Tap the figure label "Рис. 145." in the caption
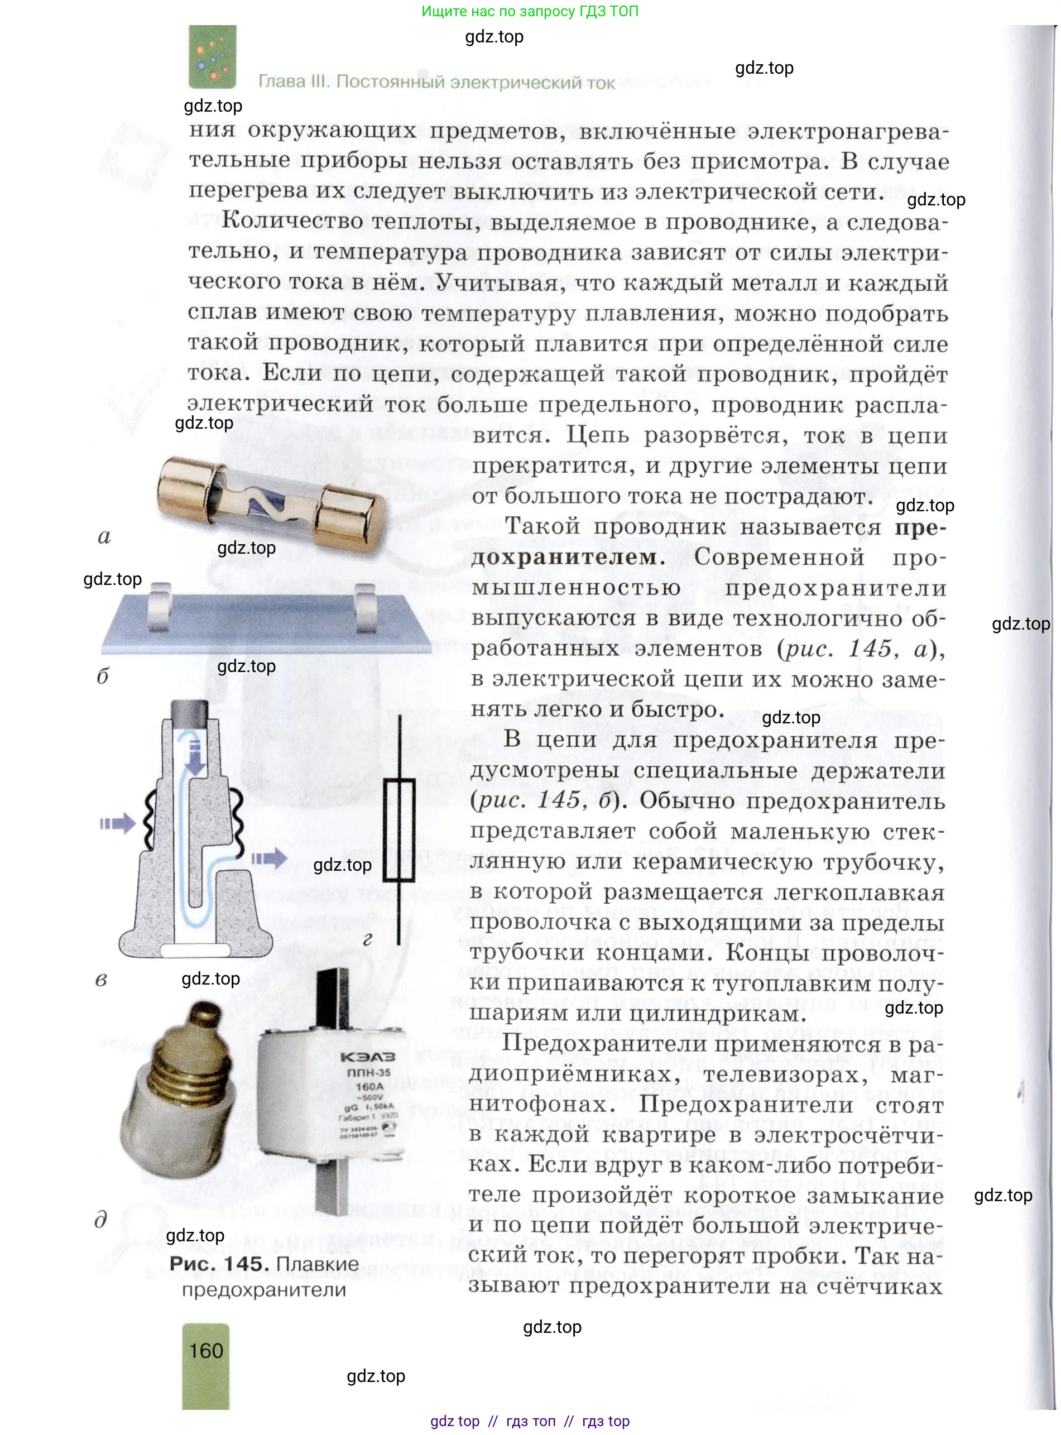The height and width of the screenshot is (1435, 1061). click(x=218, y=1264)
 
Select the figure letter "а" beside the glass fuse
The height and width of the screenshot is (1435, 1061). click(x=104, y=536)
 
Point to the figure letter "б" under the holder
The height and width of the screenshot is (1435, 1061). click(x=103, y=676)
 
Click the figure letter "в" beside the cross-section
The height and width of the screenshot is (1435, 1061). click(x=101, y=980)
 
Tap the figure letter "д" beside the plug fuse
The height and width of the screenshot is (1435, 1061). click(x=101, y=1218)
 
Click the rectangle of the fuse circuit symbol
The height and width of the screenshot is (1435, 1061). click(x=399, y=830)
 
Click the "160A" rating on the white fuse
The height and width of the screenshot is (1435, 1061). click(x=370, y=1086)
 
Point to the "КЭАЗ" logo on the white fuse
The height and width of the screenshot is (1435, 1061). click(x=367, y=1057)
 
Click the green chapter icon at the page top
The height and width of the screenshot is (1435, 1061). click(x=212, y=56)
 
